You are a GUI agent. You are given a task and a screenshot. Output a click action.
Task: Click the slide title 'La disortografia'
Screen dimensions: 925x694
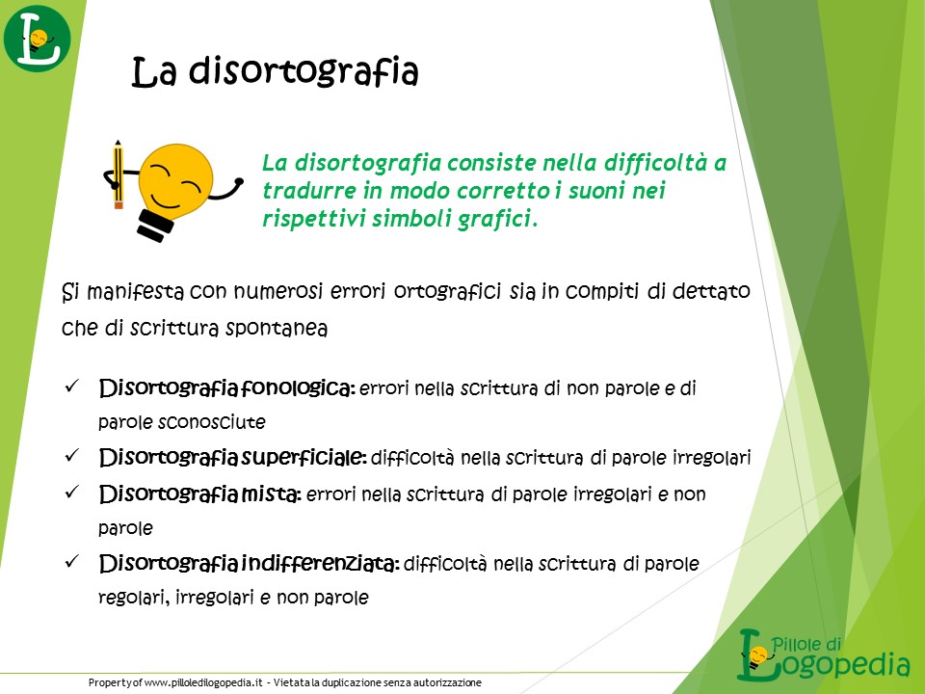point(275,72)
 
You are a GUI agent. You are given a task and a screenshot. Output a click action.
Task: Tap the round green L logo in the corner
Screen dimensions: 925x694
point(38,39)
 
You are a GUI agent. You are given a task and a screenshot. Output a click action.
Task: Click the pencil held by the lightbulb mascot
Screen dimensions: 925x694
point(118,174)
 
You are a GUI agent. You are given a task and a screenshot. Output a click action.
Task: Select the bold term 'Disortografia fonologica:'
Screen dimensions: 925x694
point(227,388)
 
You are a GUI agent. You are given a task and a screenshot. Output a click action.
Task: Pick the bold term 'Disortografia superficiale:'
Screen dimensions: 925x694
point(233,457)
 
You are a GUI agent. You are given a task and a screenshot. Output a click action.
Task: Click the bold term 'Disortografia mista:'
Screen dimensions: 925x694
point(200,494)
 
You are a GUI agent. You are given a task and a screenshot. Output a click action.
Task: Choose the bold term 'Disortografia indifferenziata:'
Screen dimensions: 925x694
point(249,564)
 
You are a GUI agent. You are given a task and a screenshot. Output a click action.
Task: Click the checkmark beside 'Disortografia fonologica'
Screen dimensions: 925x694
point(72,387)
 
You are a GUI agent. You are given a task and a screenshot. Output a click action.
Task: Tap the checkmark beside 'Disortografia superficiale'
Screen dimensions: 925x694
point(72,456)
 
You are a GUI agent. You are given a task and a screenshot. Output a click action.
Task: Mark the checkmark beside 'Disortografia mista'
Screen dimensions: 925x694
point(72,493)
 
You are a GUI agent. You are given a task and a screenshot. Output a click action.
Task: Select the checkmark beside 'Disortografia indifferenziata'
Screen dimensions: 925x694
point(72,561)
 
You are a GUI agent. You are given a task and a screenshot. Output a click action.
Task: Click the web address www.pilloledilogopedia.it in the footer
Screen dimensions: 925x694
point(203,682)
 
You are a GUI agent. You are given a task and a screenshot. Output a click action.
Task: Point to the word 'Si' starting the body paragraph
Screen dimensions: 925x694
point(70,291)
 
